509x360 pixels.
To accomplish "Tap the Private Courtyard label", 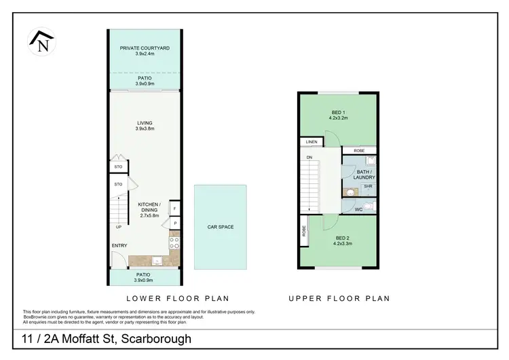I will click(x=145, y=48).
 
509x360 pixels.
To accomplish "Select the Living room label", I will click(x=145, y=123).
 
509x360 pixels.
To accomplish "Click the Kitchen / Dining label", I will click(x=148, y=207).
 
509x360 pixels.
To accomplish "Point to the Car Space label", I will click(x=221, y=227).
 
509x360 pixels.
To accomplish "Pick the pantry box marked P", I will click(x=174, y=223).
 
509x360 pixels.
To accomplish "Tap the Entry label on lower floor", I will click(x=119, y=246).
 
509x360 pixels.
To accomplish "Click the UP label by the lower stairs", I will click(x=119, y=227).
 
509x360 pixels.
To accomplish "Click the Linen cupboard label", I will click(x=312, y=142).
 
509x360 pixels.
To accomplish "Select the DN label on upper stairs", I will click(x=309, y=158).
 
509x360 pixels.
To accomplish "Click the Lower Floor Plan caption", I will click(x=178, y=298).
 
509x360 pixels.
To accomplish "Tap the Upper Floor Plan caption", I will click(x=339, y=298).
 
